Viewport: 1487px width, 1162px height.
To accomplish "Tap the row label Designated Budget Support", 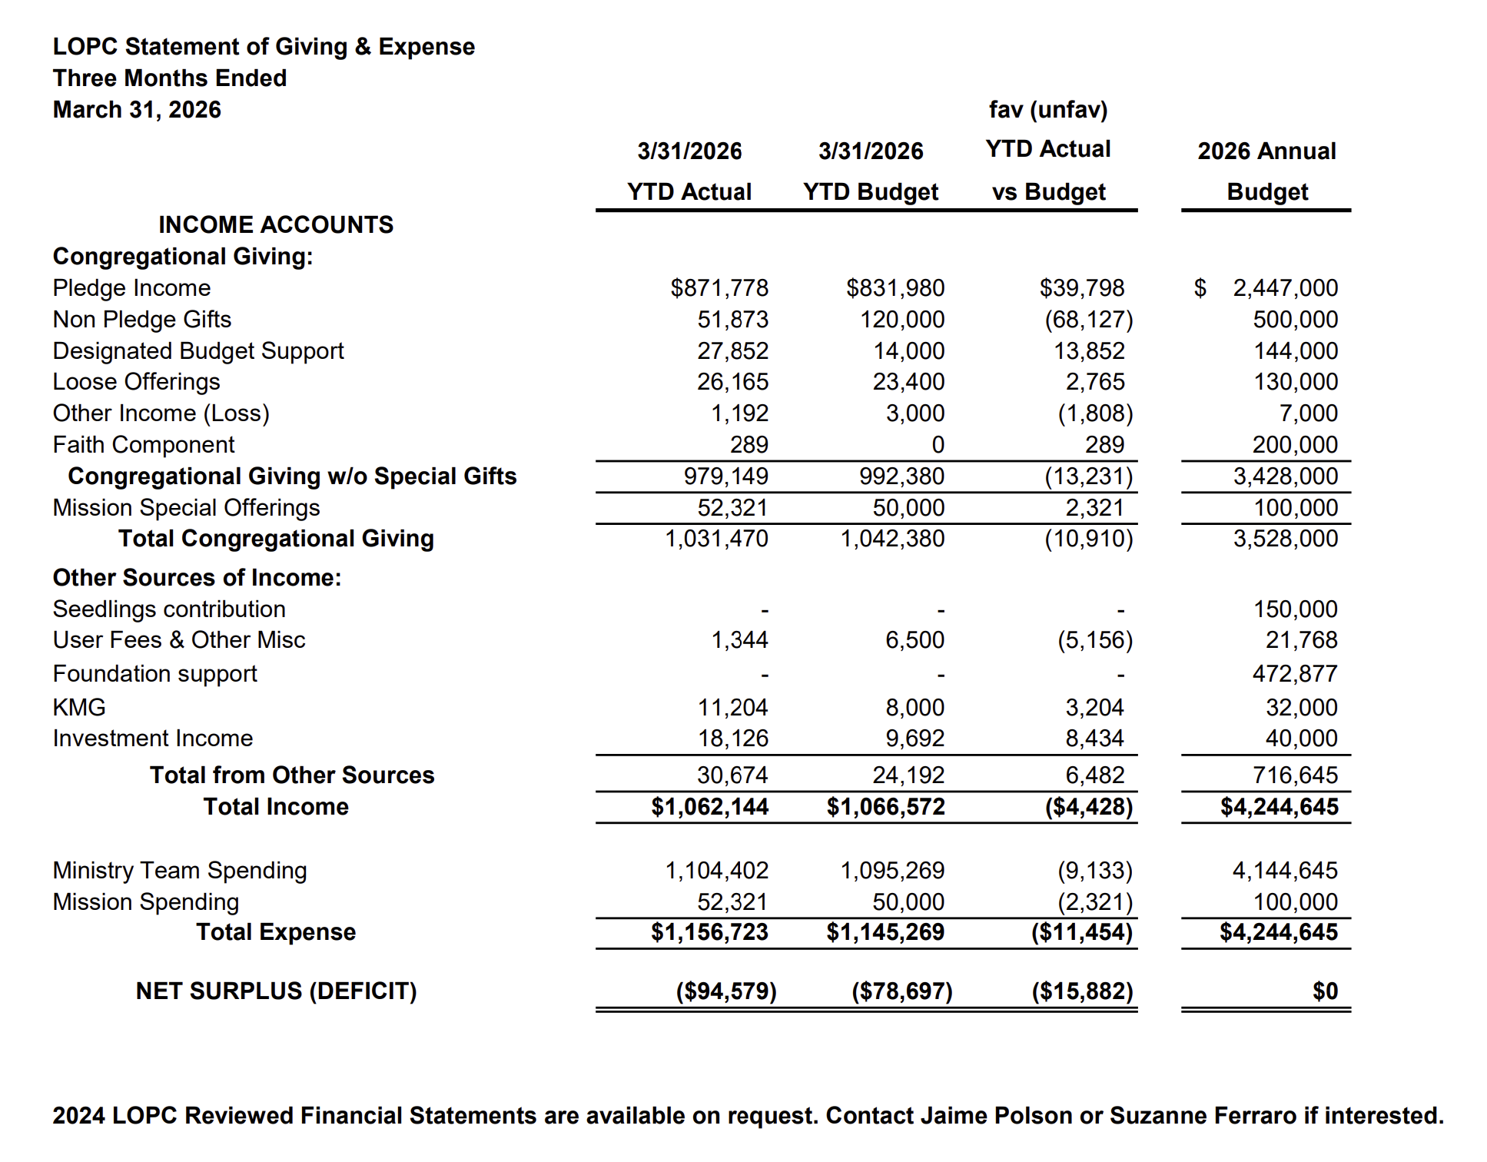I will point(197,351).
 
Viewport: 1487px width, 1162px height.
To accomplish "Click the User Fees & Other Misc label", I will point(178,640).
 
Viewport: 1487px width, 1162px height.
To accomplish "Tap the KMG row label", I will point(79,707).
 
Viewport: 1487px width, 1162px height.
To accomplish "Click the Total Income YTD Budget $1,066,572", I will point(885,807).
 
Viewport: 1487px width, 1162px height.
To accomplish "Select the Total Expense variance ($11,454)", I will point(1081,932).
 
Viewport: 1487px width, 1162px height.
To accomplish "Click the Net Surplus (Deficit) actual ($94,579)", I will point(725,991).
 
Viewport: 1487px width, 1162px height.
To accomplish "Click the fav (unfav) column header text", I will point(1047,110).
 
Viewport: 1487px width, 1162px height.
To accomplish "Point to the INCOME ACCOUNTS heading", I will point(275,224).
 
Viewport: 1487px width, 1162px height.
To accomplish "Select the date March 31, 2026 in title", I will point(137,110).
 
